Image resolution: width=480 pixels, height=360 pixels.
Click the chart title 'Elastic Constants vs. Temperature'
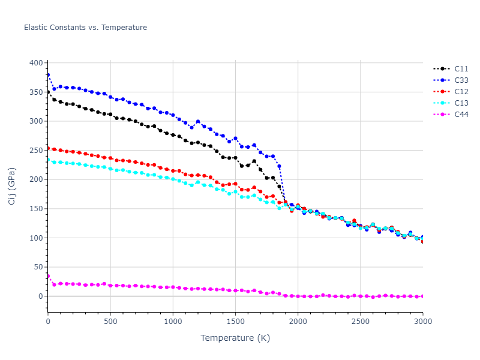tap(85, 28)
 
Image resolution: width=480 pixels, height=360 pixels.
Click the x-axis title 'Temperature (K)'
tap(235, 338)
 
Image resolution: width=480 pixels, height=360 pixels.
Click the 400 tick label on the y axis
tap(36, 63)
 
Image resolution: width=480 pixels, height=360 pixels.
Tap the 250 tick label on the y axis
tap(36, 151)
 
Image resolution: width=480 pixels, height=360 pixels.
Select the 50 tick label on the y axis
tap(38, 267)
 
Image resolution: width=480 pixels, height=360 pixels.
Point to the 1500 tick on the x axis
tap(235, 322)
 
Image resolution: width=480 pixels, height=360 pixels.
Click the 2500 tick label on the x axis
tap(360, 322)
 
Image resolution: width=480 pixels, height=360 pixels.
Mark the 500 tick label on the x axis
tap(110, 322)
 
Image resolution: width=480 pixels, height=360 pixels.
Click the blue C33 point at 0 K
tap(48, 75)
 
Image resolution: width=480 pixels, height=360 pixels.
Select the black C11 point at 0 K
tap(48, 92)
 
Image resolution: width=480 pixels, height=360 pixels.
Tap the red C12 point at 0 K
tap(48, 148)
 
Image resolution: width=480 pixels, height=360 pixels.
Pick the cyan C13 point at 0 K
tap(48, 160)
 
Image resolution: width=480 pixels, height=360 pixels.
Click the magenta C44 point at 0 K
tap(48, 276)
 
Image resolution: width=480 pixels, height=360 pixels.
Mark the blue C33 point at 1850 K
tap(279, 166)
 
